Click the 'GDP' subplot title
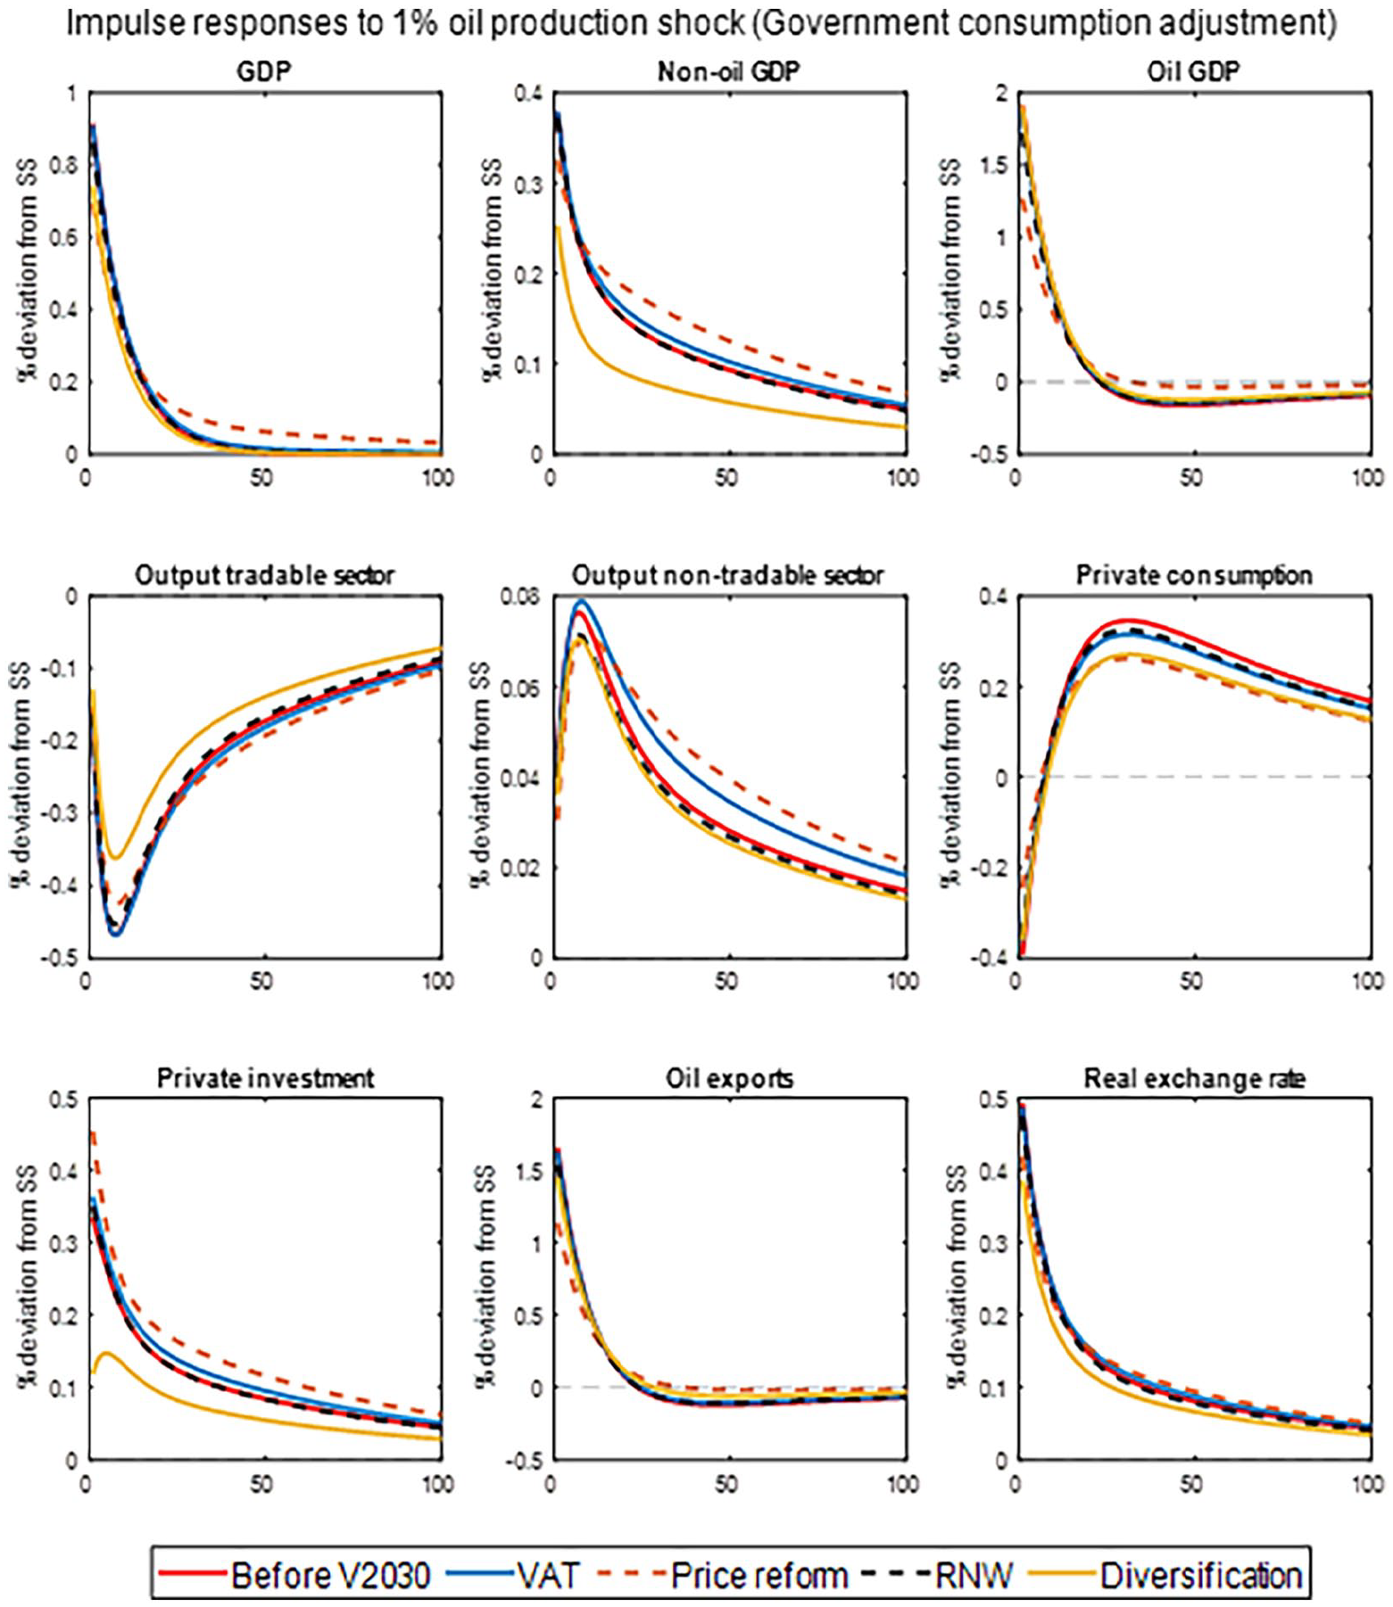[x=264, y=70]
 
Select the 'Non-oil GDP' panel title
[x=728, y=70]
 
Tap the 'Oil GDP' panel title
[x=1193, y=70]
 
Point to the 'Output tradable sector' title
[x=264, y=575]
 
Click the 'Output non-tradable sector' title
[x=728, y=575]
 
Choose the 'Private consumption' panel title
[x=1194, y=575]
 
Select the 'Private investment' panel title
[x=265, y=1078]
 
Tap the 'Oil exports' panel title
[x=729, y=1078]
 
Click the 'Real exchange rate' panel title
[x=1194, y=1078]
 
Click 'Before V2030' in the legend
[x=329, y=1576]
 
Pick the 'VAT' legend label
[x=548, y=1576]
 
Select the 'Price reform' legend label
[x=759, y=1576]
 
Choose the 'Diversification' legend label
[x=1201, y=1576]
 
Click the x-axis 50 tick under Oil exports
[x=726, y=1484]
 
